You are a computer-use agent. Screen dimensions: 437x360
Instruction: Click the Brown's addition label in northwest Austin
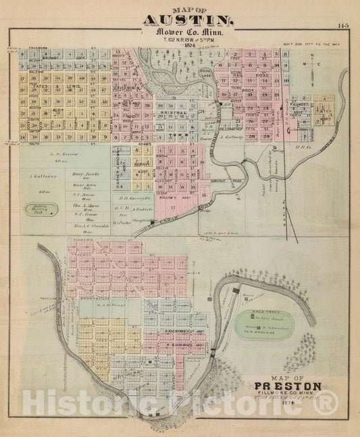pos(51,59)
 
